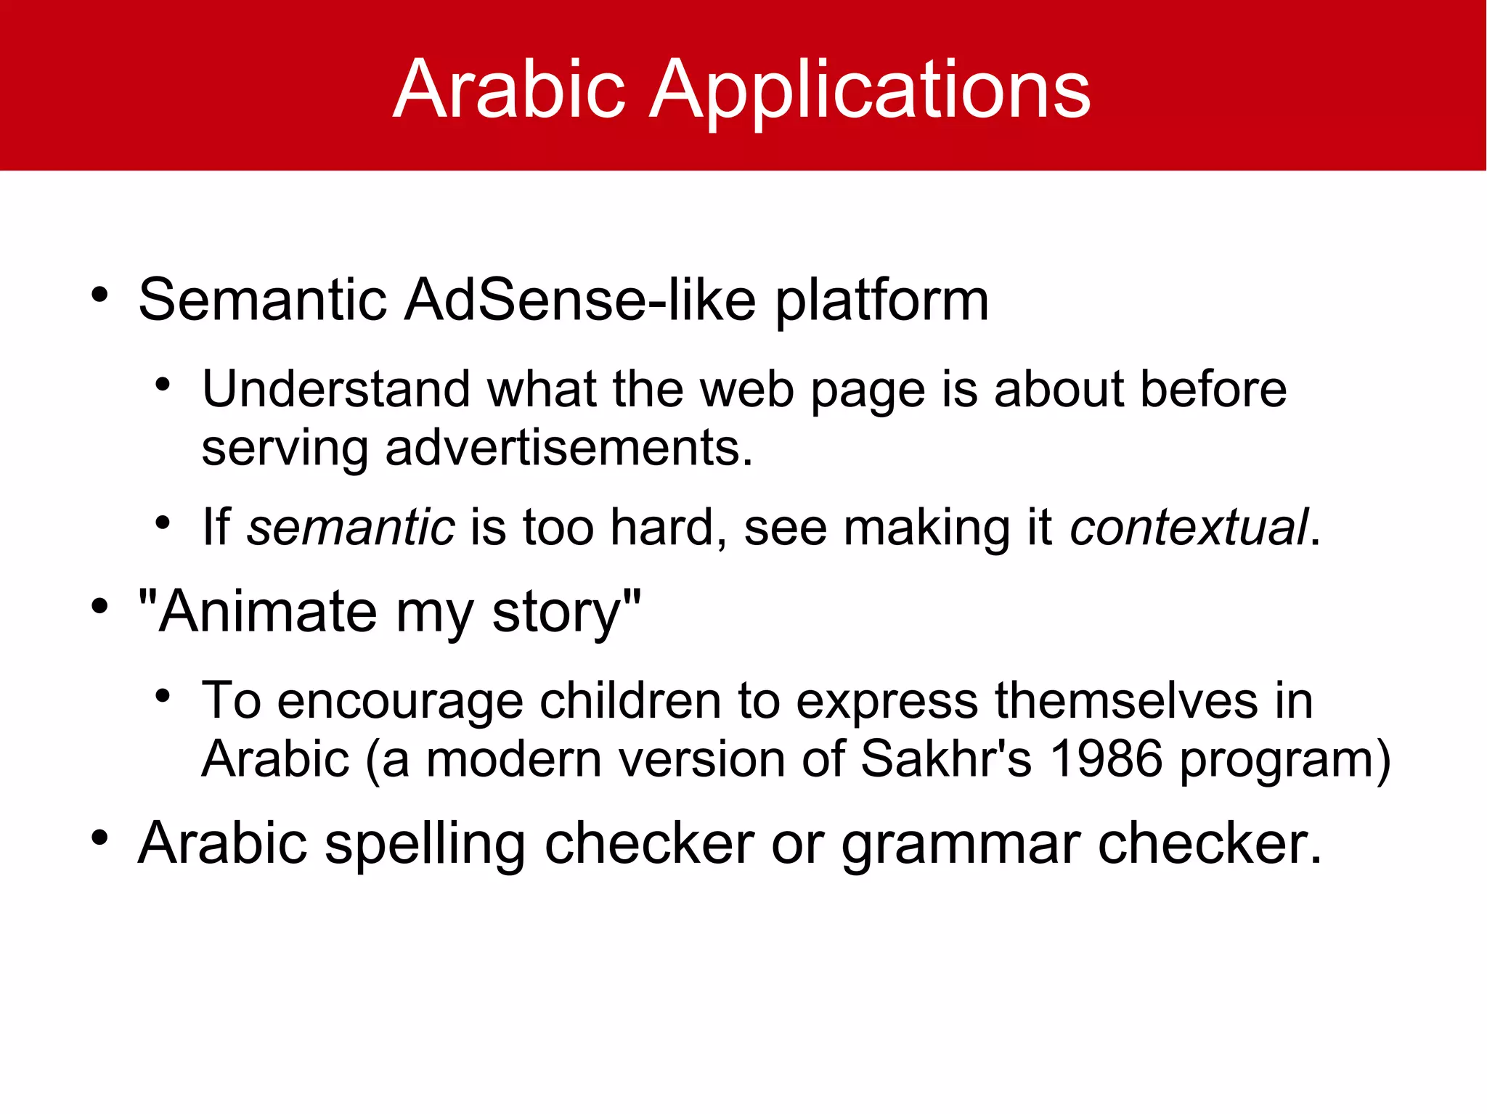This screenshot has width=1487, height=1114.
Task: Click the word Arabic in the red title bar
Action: (x=509, y=89)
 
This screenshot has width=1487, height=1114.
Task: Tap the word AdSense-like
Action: (x=580, y=300)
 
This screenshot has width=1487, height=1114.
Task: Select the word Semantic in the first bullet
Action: (x=262, y=300)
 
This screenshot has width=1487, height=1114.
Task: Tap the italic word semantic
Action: (x=351, y=528)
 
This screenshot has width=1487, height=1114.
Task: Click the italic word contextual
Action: (x=1189, y=528)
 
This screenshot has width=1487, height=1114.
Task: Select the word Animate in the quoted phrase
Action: (x=267, y=612)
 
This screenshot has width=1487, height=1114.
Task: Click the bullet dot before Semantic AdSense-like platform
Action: (x=99, y=295)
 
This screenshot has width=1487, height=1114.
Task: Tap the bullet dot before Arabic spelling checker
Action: (x=99, y=839)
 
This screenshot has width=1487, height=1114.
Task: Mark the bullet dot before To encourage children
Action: (x=163, y=697)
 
